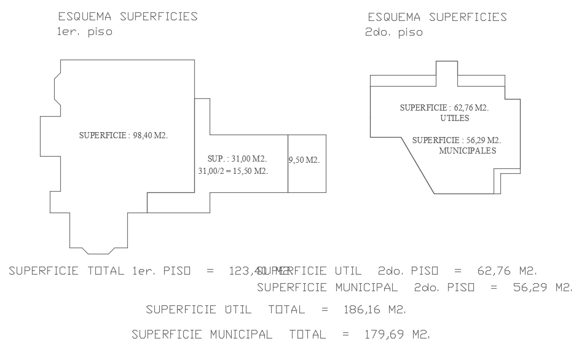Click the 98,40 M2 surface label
pyautogui.click(x=124, y=136)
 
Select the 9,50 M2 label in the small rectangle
pyautogui.click(x=304, y=160)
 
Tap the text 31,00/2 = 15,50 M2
pyautogui.click(x=233, y=171)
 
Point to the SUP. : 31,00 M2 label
pyautogui.click(x=237, y=159)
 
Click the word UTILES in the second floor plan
pyautogui.click(x=455, y=118)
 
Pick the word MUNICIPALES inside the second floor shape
pyautogui.click(x=468, y=151)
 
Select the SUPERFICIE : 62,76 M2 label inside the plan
pyautogui.click(x=444, y=108)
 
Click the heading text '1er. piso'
pyautogui.click(x=84, y=32)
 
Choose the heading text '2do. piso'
pyautogui.click(x=393, y=33)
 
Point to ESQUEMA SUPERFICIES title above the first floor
pyautogui.click(x=128, y=17)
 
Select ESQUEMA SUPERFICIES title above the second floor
pyautogui.click(x=437, y=17)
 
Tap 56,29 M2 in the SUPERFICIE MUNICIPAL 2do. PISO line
pyautogui.click(x=542, y=288)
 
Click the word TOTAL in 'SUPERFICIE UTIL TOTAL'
pyautogui.click(x=286, y=310)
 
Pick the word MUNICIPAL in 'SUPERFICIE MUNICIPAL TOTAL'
pyautogui.click(x=241, y=335)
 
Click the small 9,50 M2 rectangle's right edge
pyautogui.click(x=326, y=163)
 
